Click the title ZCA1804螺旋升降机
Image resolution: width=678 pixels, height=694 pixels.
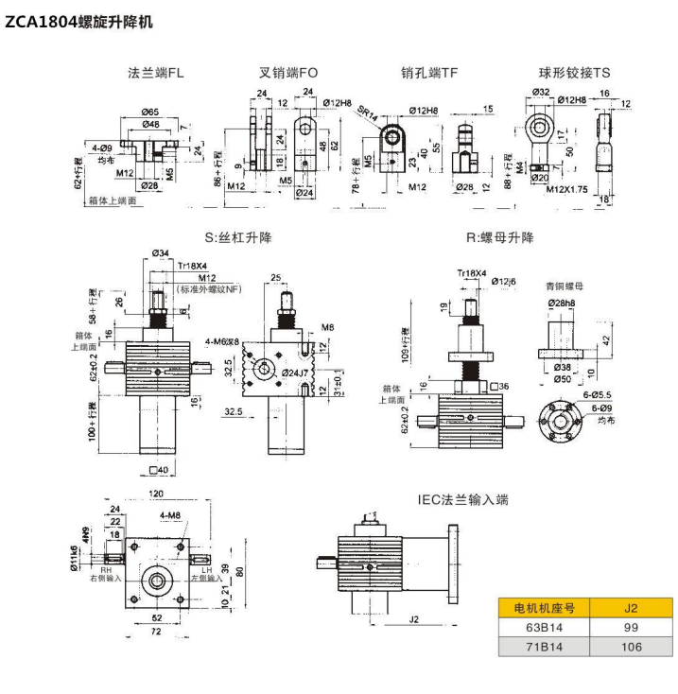78,20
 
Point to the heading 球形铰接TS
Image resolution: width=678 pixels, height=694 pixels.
575,74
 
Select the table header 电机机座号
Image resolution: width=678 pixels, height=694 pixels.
541,607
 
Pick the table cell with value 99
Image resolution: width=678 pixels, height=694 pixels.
628,627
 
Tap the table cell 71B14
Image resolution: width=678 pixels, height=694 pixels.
541,647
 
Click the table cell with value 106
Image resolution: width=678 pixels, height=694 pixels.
628,647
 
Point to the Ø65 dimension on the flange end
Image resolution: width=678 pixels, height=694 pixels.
150,112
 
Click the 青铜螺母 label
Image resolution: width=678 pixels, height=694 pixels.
565,284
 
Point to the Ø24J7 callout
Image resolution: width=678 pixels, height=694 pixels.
299,374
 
